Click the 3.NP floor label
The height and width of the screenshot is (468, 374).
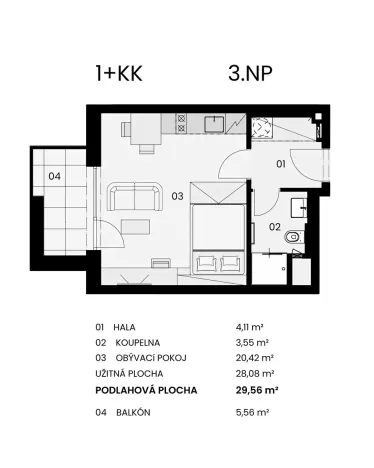[x=245, y=72]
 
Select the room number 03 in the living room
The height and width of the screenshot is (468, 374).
[x=176, y=197]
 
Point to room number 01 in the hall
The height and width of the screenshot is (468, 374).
[x=281, y=163]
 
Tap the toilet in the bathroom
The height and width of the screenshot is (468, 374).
[x=292, y=238]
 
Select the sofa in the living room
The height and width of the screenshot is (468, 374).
[x=136, y=196]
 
